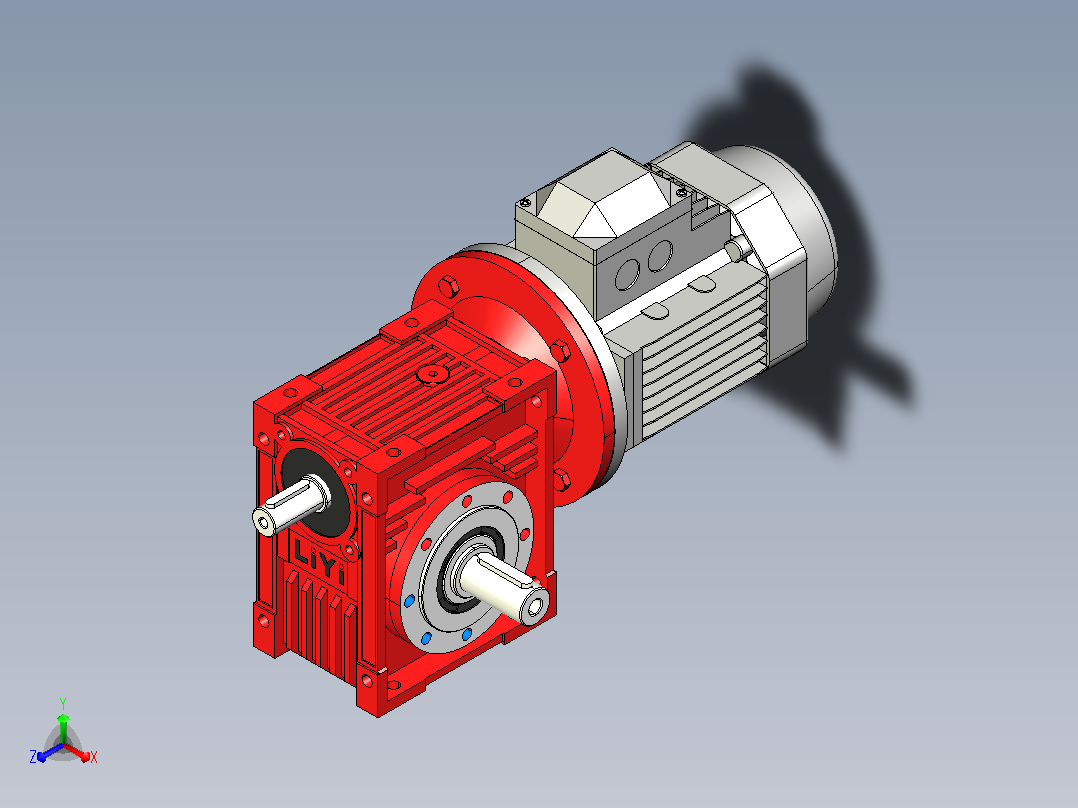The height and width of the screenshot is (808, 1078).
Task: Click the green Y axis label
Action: tap(63, 703)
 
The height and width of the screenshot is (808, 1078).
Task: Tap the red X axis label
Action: tap(94, 757)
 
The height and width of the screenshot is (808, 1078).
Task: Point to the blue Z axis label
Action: tap(33, 756)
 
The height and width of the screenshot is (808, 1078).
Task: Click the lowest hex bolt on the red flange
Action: tap(562, 479)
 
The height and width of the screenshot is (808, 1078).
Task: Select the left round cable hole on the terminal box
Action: tap(627, 273)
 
